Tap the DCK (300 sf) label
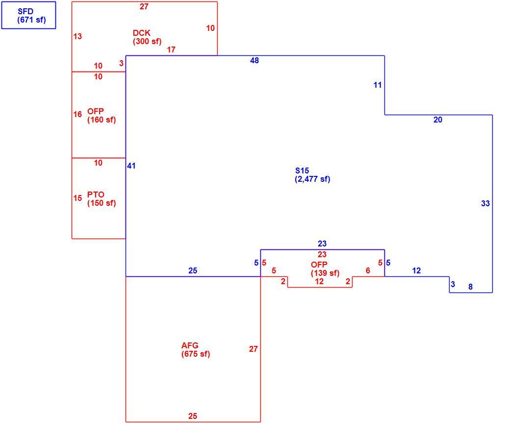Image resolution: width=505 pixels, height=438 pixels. tap(147, 37)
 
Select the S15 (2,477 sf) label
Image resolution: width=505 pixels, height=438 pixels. tap(312, 175)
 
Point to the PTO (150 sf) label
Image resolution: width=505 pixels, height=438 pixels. tap(101, 199)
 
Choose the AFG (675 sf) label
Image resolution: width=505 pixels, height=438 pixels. tap(196, 350)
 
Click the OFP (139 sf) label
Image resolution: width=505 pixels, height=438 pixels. tap(325, 269)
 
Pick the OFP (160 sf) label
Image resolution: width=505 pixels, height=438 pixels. tap(101, 116)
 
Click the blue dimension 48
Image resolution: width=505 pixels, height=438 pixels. tap(254, 60)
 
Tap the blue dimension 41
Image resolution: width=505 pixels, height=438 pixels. tap(131, 166)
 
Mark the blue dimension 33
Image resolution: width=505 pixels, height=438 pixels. tap(485, 203)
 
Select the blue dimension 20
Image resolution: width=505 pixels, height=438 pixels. tap(438, 120)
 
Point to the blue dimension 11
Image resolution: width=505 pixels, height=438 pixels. tap(378, 85)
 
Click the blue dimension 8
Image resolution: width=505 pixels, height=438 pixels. tap(471, 287)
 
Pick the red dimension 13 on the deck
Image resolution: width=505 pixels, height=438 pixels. tap(77, 36)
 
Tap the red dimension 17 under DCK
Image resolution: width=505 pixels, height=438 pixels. tap(171, 49)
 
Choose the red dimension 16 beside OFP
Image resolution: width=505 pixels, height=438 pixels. tap(77, 114)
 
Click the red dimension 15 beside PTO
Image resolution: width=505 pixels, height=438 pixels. tap(77, 198)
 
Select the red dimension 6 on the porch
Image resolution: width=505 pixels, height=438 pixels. tap(368, 270)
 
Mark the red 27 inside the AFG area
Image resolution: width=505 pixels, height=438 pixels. tap(253, 349)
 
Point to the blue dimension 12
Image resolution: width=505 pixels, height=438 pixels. tap(416, 270)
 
